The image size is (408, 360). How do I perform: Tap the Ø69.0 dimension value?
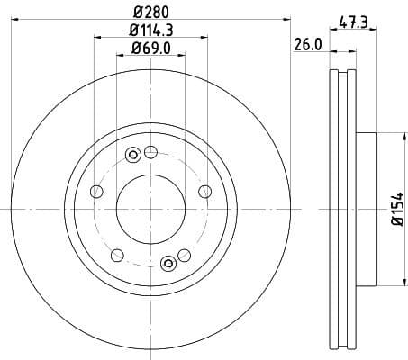(x=150, y=48)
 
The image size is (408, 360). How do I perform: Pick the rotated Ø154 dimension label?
(x=395, y=209)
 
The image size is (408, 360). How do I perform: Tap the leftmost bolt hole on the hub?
(x=95, y=191)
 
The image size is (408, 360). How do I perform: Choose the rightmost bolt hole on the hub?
(x=205, y=191)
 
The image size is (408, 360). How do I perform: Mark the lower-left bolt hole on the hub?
(x=117, y=256)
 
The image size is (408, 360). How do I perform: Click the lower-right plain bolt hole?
(x=185, y=256)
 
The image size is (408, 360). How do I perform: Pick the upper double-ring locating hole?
(x=133, y=155)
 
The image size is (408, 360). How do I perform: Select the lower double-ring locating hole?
(x=168, y=263)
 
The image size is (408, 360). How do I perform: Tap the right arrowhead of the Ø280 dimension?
(x=290, y=19)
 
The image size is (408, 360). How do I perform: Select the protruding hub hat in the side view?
(x=365, y=209)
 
